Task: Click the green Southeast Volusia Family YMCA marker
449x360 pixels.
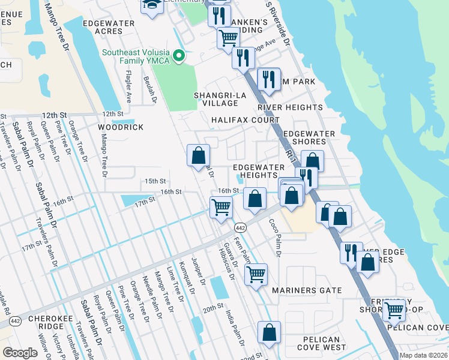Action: pyautogui.click(x=178, y=56)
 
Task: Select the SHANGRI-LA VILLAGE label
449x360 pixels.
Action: pyautogui.click(x=218, y=99)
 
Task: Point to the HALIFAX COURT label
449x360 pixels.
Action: pyautogui.click(x=246, y=120)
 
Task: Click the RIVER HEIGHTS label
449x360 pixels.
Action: pyautogui.click(x=290, y=107)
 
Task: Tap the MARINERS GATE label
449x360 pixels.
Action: pyautogui.click(x=307, y=290)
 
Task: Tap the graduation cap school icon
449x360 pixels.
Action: pyautogui.click(x=152, y=5)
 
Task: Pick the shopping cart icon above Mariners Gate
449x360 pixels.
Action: pyautogui.click(x=256, y=274)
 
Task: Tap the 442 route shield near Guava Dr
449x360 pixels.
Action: pyautogui.click(x=240, y=227)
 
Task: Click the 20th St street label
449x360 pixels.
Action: pyautogui.click(x=212, y=308)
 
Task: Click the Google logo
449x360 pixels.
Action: pyautogui.click(x=20, y=352)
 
